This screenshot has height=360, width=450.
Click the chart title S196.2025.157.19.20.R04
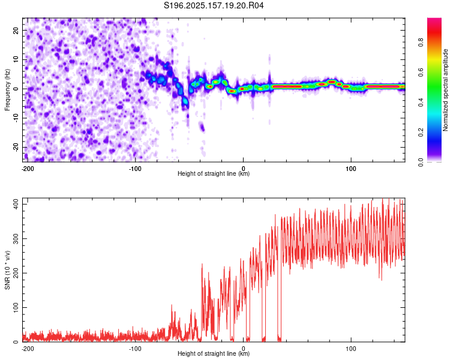pos(214,5)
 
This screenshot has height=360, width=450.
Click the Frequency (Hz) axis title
pos(7,90)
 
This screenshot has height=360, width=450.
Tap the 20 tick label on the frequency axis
pos(16,31)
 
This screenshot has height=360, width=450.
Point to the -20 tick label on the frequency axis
pos(16,147)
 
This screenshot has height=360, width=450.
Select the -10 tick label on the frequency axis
pos(16,118)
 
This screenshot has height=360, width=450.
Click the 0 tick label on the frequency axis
pos(16,89)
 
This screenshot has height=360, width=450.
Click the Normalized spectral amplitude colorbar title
pos(445,90)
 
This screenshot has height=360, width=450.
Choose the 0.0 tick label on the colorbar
pos(421,162)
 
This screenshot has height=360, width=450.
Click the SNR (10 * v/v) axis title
pos(7,270)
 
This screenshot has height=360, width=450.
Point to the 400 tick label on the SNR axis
pos(16,205)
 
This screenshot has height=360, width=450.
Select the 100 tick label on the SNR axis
pos(16,307)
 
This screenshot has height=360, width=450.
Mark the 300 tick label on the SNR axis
pos(16,239)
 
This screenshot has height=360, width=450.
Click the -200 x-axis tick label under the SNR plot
pos(28,349)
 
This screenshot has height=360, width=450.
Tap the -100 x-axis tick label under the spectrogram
pos(135,169)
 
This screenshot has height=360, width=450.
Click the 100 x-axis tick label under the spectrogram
pos(351,169)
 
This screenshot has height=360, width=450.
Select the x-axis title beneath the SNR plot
pos(214,353)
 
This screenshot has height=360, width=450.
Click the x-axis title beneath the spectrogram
pos(214,173)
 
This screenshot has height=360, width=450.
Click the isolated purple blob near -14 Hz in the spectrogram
pos(202,127)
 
